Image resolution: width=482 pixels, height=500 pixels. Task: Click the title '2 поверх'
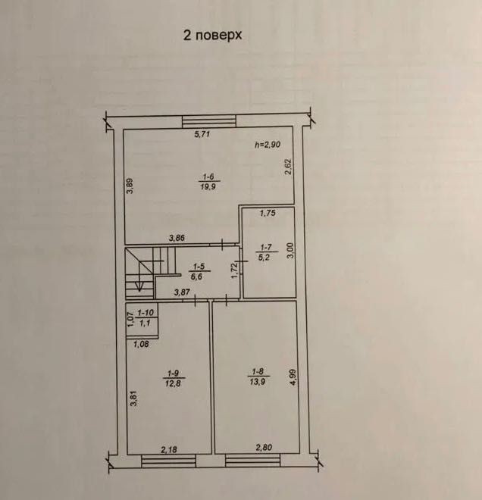click(212, 36)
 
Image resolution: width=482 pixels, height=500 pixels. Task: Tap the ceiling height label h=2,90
click(268, 145)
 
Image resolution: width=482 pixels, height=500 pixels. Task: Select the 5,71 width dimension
click(202, 134)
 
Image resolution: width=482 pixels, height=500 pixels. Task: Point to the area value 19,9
click(208, 186)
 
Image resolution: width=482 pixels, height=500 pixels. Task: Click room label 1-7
click(266, 247)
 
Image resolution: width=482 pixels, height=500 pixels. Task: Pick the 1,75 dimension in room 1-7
click(268, 213)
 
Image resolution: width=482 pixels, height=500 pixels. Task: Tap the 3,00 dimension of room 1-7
click(290, 250)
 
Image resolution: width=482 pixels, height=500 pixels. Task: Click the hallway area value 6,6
click(196, 277)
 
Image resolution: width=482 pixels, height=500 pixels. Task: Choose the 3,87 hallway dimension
click(182, 292)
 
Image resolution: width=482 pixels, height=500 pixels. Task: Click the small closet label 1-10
click(146, 313)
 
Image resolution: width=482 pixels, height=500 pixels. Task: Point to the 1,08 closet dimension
click(141, 344)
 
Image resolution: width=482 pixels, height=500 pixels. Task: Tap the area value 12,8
click(173, 383)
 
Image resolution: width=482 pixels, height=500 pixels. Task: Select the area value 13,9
click(258, 381)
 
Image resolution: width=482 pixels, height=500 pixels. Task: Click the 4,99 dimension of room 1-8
click(293, 377)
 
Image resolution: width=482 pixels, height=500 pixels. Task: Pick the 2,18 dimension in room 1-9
click(169, 449)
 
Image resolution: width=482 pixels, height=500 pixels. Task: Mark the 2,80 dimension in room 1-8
click(264, 448)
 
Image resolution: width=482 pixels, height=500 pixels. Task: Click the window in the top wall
click(209, 121)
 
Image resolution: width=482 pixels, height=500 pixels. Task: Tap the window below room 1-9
click(168, 461)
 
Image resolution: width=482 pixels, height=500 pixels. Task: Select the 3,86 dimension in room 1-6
click(177, 238)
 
